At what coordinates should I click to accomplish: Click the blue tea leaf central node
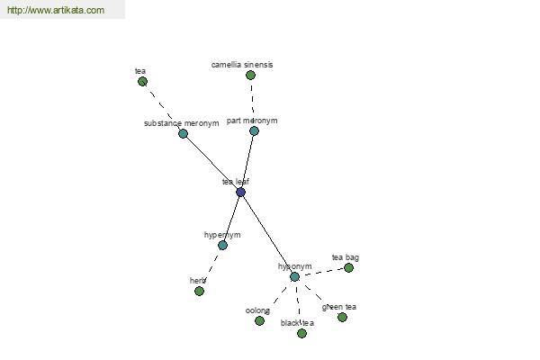(x=240, y=192)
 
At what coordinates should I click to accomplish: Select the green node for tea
(x=142, y=82)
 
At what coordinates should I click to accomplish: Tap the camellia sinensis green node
(x=251, y=75)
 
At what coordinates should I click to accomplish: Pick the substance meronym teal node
(x=184, y=134)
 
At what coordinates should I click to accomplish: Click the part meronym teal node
(x=254, y=130)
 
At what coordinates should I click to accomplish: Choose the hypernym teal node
(x=223, y=246)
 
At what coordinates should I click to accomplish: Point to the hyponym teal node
(x=295, y=276)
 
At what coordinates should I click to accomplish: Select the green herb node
(x=200, y=291)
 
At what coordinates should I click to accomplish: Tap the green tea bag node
(x=349, y=267)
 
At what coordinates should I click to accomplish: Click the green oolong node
(x=260, y=320)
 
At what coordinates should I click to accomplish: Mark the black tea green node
(x=301, y=333)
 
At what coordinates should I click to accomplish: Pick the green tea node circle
(x=342, y=317)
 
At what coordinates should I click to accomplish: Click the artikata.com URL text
(x=56, y=10)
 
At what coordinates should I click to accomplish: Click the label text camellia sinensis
(x=242, y=65)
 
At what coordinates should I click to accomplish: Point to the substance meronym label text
(x=182, y=123)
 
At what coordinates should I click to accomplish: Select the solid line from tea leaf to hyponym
(x=267, y=234)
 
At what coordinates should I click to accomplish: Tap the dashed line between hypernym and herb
(x=211, y=268)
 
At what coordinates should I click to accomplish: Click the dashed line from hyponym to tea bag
(x=321, y=272)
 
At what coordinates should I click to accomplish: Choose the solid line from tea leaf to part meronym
(x=247, y=162)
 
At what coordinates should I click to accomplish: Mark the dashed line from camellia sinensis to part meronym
(x=252, y=103)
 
